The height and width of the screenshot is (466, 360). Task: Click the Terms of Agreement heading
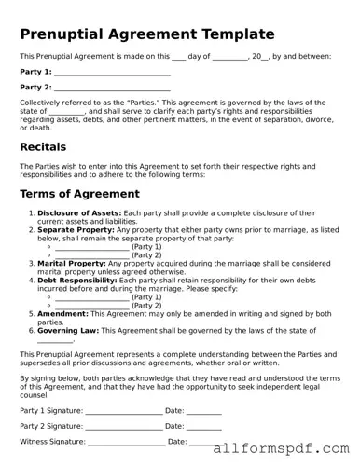[x=79, y=194]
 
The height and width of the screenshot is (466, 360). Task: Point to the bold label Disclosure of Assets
[x=78, y=213]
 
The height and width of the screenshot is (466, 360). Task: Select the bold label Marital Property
[x=73, y=263]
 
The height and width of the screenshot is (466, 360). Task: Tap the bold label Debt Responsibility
[x=78, y=280]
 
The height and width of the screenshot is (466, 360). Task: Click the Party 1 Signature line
[x=123, y=410]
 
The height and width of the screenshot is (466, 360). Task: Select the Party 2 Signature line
[x=123, y=426]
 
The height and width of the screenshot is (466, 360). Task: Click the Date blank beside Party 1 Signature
[x=204, y=410]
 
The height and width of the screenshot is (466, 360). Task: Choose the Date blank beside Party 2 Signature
[x=204, y=426]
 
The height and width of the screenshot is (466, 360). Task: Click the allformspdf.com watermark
[x=282, y=448]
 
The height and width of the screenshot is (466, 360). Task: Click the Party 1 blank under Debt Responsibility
[x=92, y=296]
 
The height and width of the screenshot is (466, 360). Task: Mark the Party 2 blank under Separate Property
[x=92, y=254]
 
